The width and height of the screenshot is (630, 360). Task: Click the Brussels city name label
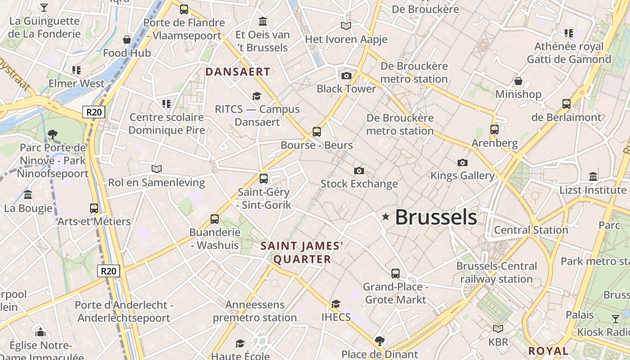point(436,217)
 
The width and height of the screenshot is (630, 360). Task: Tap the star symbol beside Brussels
point(386,217)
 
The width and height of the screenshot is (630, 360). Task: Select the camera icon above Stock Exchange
point(359,171)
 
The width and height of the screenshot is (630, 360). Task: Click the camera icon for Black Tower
point(346,76)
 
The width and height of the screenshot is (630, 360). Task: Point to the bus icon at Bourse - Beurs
point(317,132)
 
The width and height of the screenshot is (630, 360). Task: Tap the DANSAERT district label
point(238,72)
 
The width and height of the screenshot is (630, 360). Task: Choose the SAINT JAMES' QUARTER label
point(302,252)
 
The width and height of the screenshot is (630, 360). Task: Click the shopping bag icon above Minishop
point(518,81)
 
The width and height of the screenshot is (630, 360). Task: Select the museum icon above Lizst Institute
point(593,176)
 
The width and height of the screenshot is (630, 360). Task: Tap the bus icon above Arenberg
point(495,130)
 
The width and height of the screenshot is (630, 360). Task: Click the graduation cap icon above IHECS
point(336,304)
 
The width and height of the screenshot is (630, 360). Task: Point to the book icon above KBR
point(498,328)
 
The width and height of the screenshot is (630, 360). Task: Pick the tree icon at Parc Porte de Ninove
point(53,134)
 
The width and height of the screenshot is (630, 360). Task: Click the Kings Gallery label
point(463,175)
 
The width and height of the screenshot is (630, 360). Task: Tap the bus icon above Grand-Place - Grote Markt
point(395,273)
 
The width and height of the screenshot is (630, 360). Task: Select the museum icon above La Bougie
point(28,195)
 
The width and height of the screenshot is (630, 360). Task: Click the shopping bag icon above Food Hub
point(127,40)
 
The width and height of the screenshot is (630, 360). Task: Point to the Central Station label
point(531,230)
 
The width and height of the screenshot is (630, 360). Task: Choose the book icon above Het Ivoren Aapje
point(346,26)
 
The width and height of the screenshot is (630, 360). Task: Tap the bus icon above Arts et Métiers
point(94,208)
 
